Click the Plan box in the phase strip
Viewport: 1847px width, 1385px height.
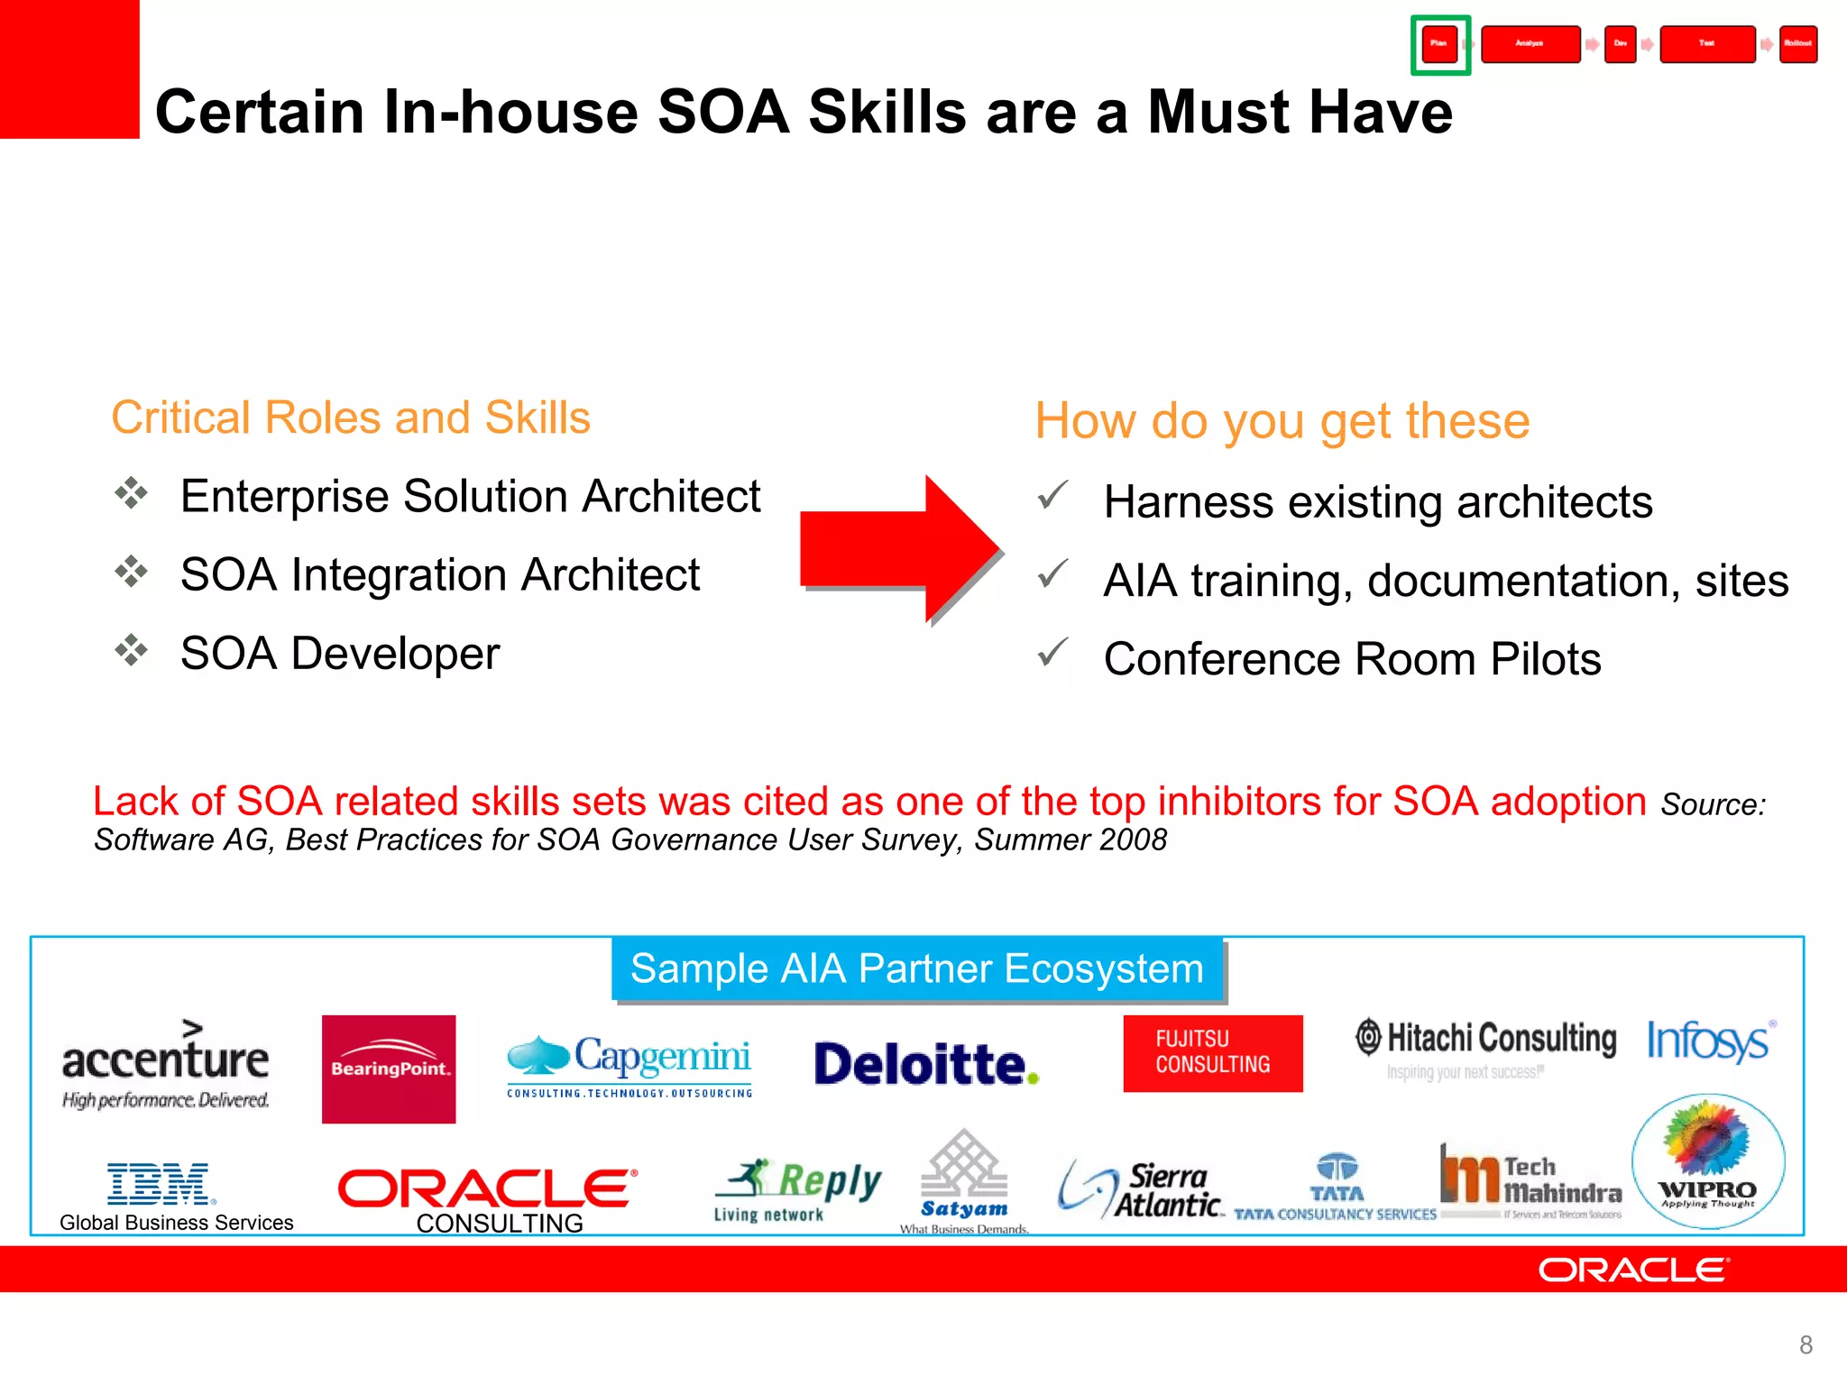pyautogui.click(x=1439, y=44)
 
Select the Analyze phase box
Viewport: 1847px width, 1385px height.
pyautogui.click(x=1530, y=44)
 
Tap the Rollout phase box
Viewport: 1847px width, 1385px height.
pyautogui.click(x=1797, y=44)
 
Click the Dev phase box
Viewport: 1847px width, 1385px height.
pyautogui.click(x=1620, y=44)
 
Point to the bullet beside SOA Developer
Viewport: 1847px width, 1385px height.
pyautogui.click(x=132, y=650)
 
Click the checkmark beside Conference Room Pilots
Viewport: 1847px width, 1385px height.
pyautogui.click(x=1052, y=652)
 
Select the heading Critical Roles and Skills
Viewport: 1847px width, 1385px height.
pyautogui.click(x=350, y=418)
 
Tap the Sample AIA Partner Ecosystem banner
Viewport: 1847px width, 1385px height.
pyautogui.click(x=917, y=969)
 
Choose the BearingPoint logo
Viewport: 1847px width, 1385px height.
pyautogui.click(x=389, y=1069)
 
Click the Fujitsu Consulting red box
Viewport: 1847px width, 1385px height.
pyautogui.click(x=1212, y=1053)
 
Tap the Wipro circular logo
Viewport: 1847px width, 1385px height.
pyautogui.click(x=1707, y=1161)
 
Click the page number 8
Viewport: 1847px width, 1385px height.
pyautogui.click(x=1806, y=1345)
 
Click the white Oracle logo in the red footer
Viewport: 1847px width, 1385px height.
pyautogui.click(x=1633, y=1270)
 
